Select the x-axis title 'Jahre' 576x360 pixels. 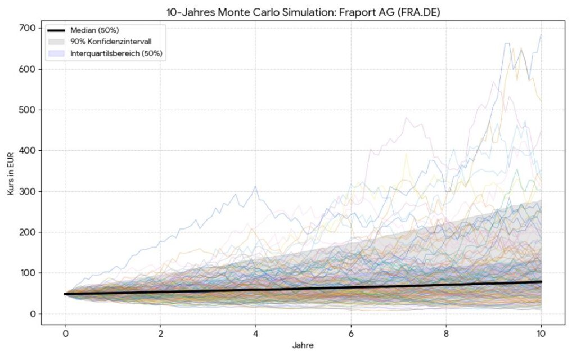coord(303,345)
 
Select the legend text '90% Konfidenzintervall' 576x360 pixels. coord(111,42)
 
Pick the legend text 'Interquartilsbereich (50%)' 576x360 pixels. coord(116,53)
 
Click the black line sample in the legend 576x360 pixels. coord(57,30)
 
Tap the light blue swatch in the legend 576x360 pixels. coord(57,53)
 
